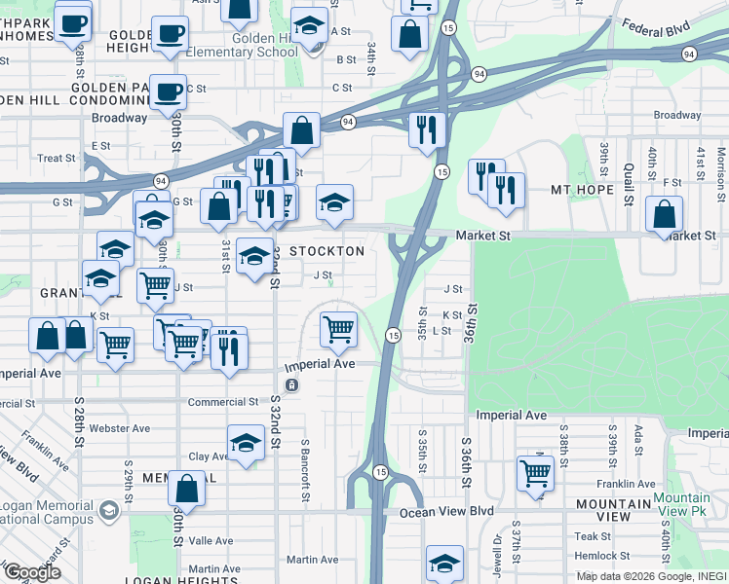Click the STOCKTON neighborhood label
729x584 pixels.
pos(326,251)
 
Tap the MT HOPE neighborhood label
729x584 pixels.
pos(582,190)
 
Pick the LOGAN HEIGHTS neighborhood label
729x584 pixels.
pos(180,580)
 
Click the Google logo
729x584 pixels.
pos(32,571)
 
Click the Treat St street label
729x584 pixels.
pos(56,159)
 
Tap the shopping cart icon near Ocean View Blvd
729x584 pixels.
pos(536,473)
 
